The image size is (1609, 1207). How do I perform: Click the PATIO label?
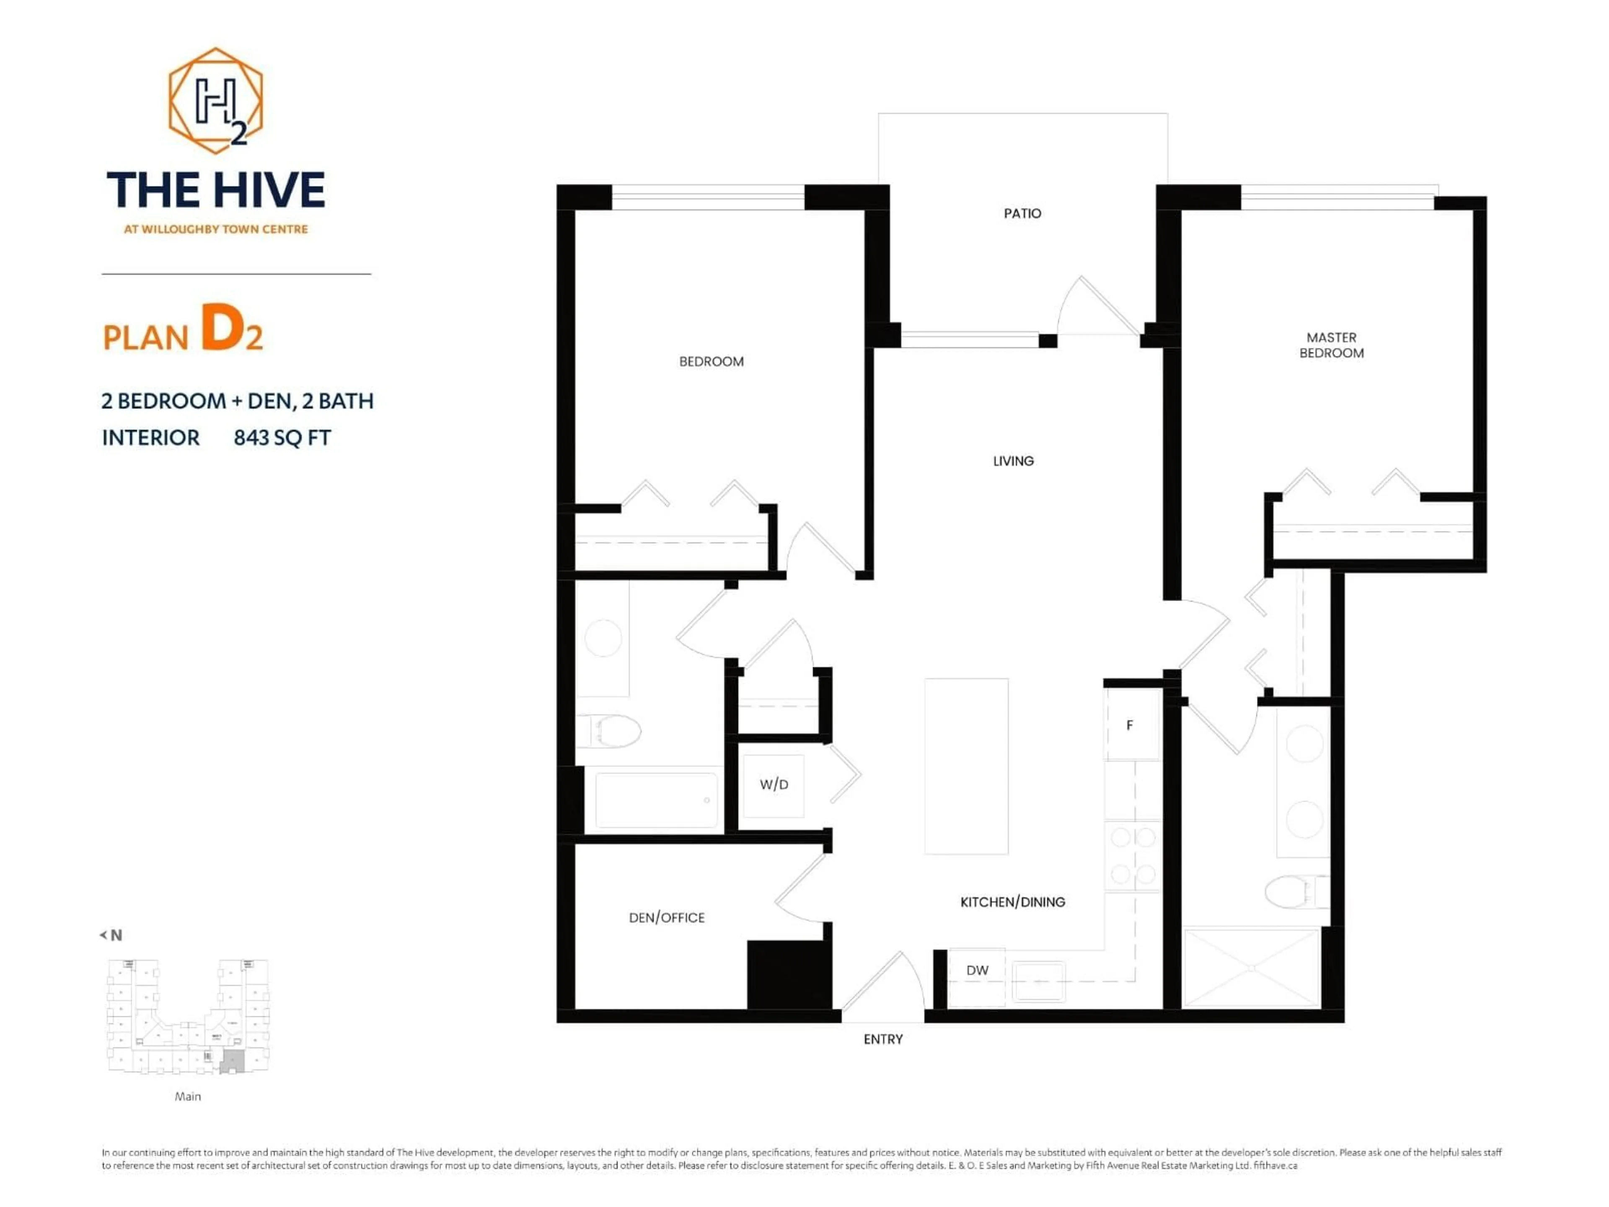click(1022, 213)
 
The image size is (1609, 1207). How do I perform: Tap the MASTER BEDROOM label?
click(1331, 345)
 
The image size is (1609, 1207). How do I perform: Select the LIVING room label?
click(1013, 461)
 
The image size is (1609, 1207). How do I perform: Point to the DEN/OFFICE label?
click(666, 917)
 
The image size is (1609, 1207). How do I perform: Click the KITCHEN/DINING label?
click(1012, 901)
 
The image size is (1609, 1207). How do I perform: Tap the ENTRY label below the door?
click(883, 1039)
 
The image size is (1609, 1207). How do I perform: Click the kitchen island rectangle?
click(966, 766)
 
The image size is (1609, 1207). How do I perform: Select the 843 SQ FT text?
click(282, 438)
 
